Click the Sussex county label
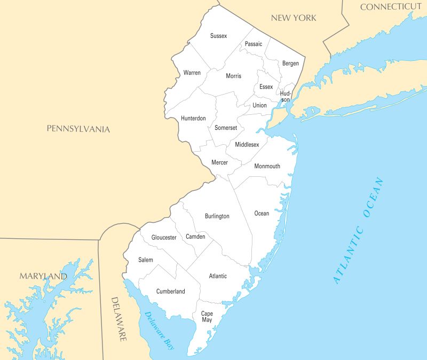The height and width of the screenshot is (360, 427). tap(218, 36)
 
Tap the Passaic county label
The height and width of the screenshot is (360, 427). tap(254, 44)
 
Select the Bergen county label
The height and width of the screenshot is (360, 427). tap(290, 64)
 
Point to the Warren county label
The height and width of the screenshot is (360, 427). tap(192, 72)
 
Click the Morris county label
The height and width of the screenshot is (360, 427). tap(233, 76)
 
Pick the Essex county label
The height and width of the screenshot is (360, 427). tap(266, 87)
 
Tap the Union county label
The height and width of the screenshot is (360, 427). tap(259, 105)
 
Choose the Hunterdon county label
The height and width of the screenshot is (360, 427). tap(193, 118)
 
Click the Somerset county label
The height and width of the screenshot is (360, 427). tap(226, 128)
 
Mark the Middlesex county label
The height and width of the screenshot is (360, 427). tap(247, 144)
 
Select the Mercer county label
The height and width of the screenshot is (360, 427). tap(219, 162)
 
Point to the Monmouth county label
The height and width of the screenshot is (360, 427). tap(267, 166)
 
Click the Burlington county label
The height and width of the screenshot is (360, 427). tap(217, 216)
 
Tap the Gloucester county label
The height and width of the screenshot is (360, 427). tap(164, 237)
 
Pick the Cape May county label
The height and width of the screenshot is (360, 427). tap(207, 316)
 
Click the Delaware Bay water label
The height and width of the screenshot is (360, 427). tap(159, 331)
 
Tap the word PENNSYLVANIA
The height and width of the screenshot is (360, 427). tap(78, 129)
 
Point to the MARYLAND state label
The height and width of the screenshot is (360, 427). tap(43, 276)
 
